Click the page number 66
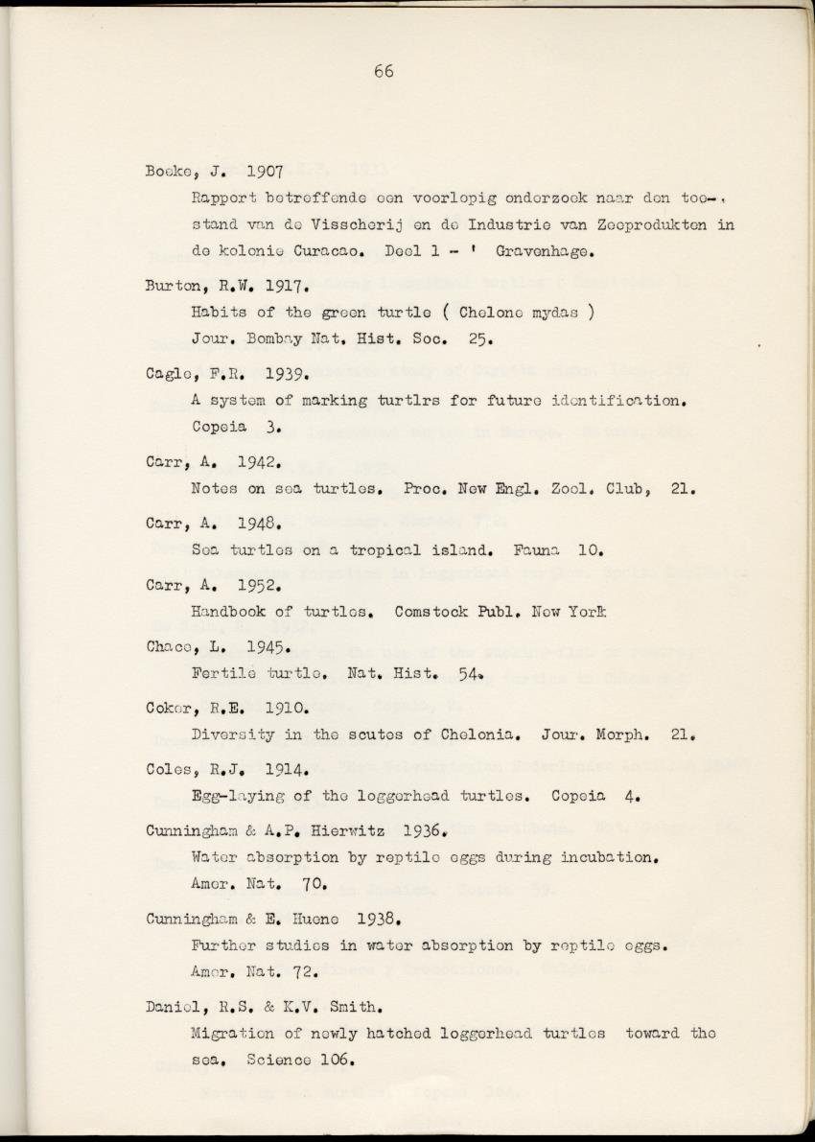pyautogui.click(x=384, y=71)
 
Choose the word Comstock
pyautogui.click(x=431, y=611)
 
